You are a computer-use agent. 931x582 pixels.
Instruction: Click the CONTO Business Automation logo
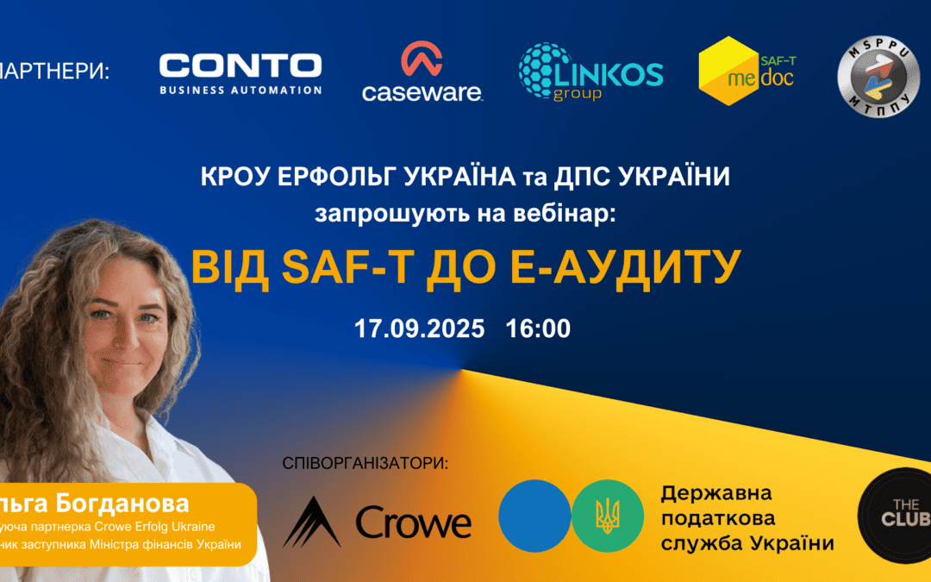click(x=241, y=73)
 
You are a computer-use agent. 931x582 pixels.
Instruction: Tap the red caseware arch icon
click(x=422, y=59)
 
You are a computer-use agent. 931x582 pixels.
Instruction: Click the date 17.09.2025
click(x=419, y=329)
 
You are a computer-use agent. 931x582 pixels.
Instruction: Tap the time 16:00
click(x=539, y=329)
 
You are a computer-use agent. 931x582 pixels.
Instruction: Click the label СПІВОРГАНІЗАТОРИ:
click(x=366, y=464)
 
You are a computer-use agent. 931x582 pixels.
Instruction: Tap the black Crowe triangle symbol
click(x=312, y=523)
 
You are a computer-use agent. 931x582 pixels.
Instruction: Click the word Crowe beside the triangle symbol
click(x=414, y=523)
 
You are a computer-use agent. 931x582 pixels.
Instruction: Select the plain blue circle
click(x=534, y=516)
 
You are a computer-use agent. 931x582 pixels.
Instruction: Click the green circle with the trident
click(x=607, y=516)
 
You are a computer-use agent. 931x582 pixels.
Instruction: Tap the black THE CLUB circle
click(x=897, y=516)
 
